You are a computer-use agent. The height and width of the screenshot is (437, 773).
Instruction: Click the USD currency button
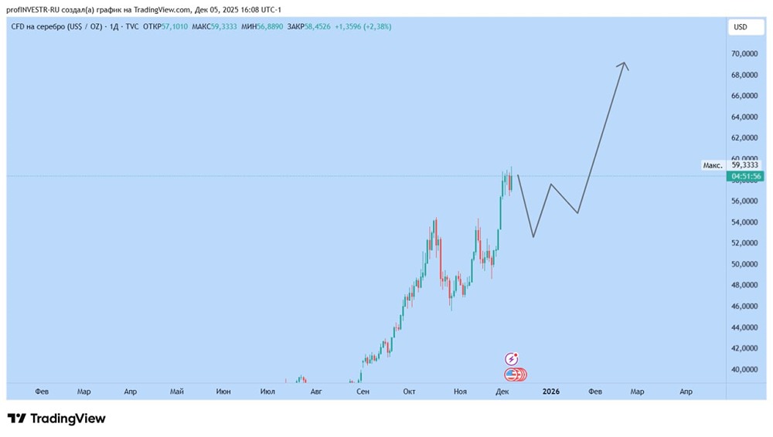click(x=740, y=27)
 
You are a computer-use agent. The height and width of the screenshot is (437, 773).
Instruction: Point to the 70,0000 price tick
click(x=744, y=54)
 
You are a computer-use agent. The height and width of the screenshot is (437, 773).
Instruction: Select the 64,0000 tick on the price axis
click(x=744, y=117)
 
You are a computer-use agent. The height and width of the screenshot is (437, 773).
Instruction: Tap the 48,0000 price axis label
click(x=744, y=286)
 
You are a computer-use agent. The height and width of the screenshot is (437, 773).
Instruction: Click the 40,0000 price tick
click(x=744, y=370)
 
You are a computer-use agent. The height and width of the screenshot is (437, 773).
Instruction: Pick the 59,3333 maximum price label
click(x=744, y=164)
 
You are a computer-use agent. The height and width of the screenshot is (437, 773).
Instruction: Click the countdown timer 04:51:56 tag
click(x=744, y=177)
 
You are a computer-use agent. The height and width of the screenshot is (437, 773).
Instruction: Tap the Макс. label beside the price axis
click(x=712, y=165)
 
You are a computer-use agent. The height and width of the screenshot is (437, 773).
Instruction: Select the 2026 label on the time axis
click(x=550, y=391)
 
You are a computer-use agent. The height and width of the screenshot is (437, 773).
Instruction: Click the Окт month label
click(x=409, y=391)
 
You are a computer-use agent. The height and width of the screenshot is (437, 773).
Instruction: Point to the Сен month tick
click(x=363, y=391)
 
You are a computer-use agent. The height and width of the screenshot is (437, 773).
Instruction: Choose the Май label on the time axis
click(x=176, y=391)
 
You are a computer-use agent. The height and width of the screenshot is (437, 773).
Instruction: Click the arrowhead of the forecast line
click(x=623, y=64)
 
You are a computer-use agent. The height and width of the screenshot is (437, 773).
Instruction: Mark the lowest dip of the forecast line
click(x=533, y=236)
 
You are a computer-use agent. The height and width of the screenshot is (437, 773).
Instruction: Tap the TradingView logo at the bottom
click(x=56, y=418)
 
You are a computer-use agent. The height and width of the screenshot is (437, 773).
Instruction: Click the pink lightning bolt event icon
click(x=512, y=359)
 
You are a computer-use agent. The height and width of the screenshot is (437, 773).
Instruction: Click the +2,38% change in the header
click(x=376, y=26)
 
